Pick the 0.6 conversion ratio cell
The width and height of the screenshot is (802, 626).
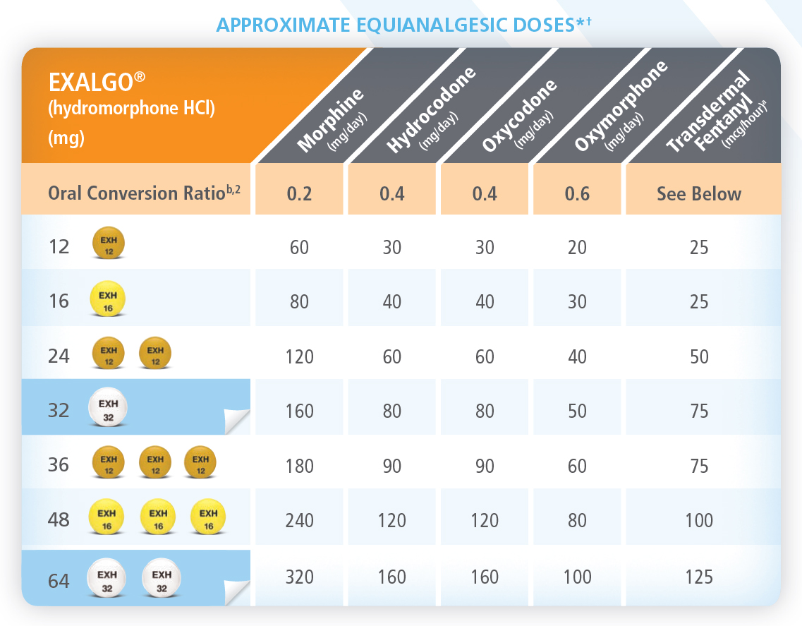click(x=577, y=193)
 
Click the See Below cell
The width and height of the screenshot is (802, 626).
click(x=699, y=193)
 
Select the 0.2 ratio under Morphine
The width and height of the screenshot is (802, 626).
click(x=300, y=193)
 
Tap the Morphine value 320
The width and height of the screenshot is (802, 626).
click(x=300, y=577)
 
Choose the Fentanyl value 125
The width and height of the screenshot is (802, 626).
click(x=699, y=577)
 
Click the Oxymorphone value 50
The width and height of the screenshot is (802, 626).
click(x=577, y=410)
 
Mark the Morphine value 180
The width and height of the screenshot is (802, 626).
click(x=300, y=465)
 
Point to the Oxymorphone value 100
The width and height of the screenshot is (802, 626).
click(x=577, y=577)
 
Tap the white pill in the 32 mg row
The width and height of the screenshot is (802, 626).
click(x=108, y=409)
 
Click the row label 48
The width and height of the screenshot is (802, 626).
click(x=59, y=520)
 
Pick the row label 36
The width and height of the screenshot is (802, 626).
click(x=59, y=465)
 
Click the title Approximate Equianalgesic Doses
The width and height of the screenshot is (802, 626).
click(x=403, y=25)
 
